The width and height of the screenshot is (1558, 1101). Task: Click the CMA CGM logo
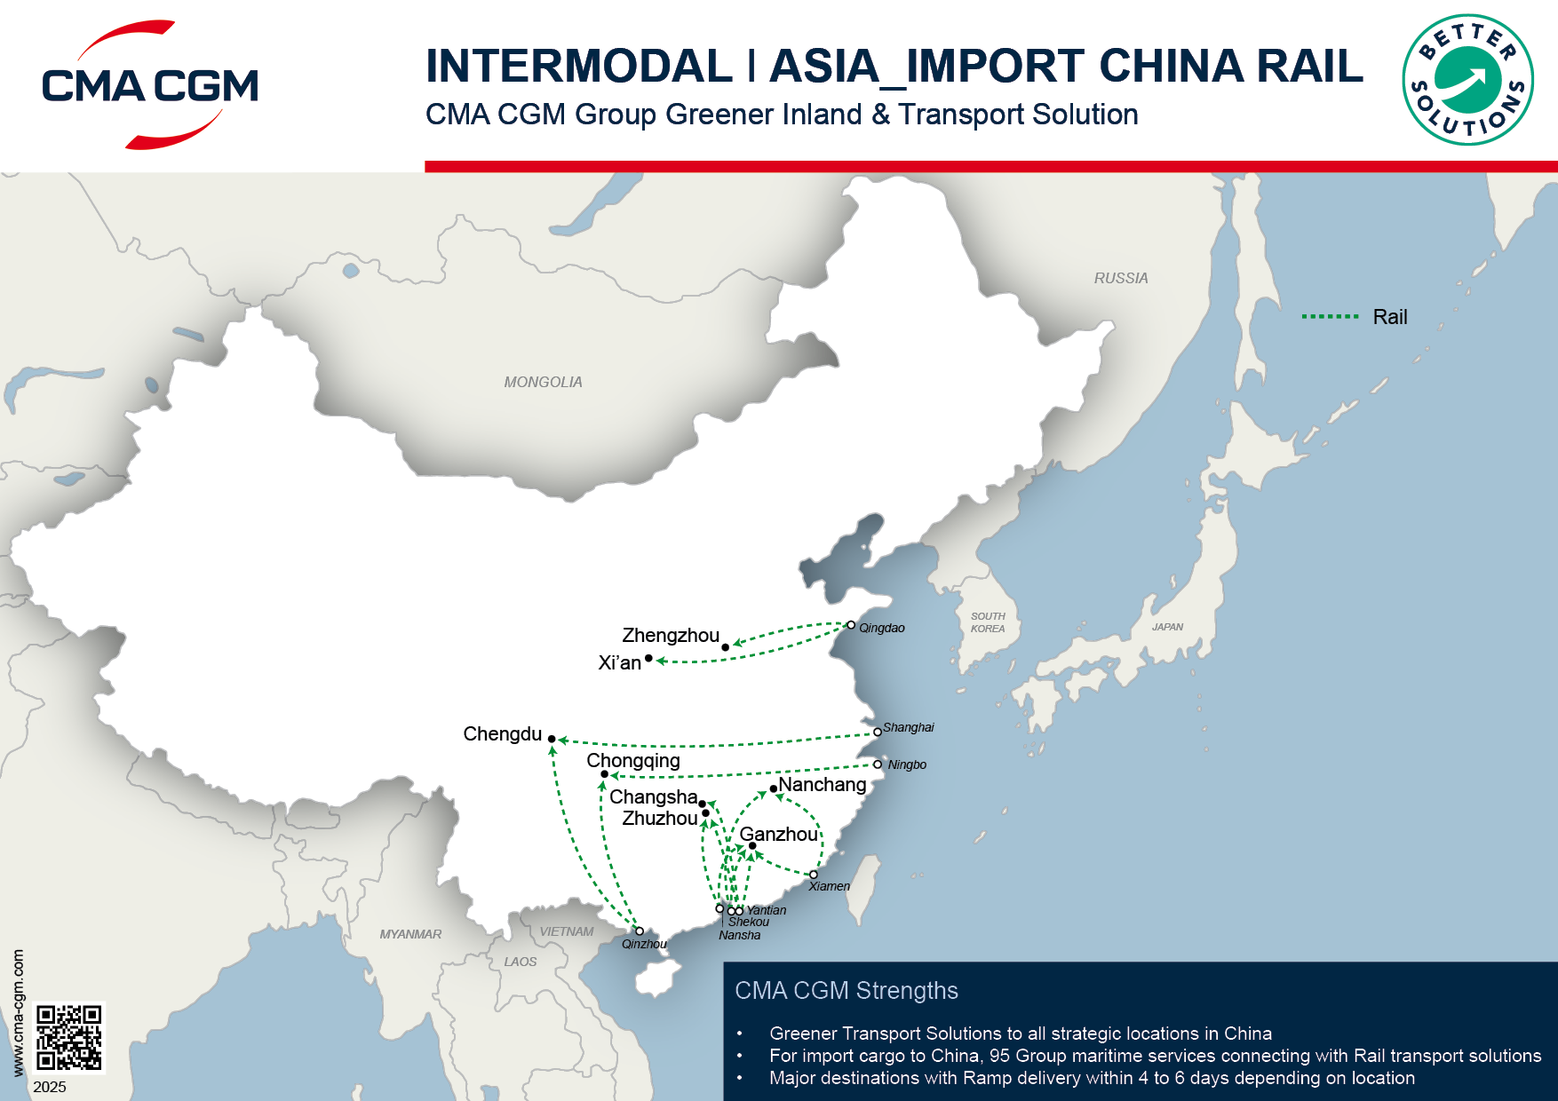150,85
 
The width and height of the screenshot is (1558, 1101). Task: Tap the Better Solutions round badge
1467,80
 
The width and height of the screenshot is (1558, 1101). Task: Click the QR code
69,1037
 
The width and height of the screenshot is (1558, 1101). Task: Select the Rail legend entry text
1390,317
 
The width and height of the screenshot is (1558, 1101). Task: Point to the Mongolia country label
543,382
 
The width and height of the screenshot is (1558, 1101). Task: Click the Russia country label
1121,278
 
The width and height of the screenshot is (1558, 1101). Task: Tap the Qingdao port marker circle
851,625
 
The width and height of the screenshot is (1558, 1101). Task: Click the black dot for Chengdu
552,739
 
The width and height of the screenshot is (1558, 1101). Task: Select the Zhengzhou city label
671,636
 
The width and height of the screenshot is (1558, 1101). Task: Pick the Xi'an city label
619,663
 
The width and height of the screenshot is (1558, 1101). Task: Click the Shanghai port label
908,727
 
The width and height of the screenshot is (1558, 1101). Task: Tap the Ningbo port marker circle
878,764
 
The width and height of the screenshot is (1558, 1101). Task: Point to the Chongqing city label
633,761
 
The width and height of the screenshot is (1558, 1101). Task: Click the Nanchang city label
822,785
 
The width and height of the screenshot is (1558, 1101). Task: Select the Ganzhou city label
778,835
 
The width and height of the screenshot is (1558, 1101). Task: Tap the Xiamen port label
829,886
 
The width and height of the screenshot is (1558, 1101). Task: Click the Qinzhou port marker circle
640,931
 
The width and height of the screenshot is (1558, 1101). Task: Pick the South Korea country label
988,622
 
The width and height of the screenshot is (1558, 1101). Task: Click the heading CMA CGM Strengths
847,991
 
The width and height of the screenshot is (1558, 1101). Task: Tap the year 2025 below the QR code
50,1087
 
